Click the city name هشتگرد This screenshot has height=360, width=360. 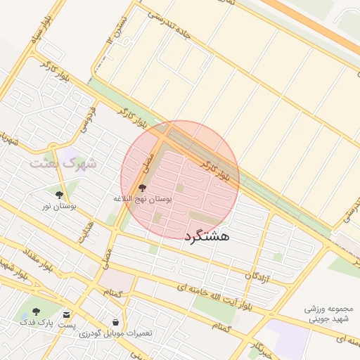[209, 237]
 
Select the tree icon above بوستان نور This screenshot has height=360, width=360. [58, 194]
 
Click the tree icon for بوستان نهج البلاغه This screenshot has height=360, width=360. [143, 188]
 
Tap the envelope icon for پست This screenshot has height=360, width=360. [66, 314]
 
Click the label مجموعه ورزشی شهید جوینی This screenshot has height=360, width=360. [332, 314]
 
